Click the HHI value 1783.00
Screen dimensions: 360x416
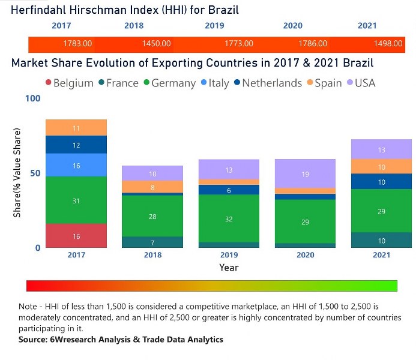[77, 44]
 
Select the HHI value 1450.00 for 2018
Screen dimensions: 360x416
[157, 44]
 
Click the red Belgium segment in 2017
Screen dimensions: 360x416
[76, 236]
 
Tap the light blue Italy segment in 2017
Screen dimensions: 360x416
[76, 165]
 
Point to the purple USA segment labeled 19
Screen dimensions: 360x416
[305, 173]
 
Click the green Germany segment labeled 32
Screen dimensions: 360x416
[229, 219]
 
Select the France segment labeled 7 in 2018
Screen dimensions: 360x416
[152, 242]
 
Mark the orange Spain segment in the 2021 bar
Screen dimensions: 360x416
[382, 167]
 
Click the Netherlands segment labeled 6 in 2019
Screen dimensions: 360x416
[229, 190]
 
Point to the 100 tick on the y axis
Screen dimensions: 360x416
[34, 98]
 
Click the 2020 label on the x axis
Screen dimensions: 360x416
[305, 255]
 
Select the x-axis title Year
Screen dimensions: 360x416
[229, 268]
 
